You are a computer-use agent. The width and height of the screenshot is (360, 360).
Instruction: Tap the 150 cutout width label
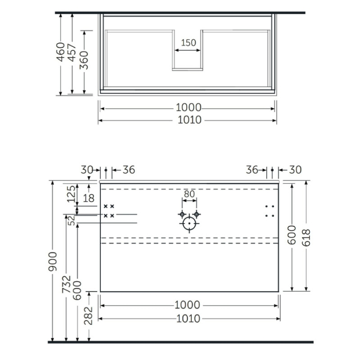tap(189, 43)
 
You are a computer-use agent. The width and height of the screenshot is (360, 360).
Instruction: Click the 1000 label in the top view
tap(188, 108)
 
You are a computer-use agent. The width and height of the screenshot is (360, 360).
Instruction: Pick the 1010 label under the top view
tap(188, 120)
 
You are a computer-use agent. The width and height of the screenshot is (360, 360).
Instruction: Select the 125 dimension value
tap(71, 194)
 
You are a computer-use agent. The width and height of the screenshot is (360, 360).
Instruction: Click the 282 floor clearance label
tap(88, 315)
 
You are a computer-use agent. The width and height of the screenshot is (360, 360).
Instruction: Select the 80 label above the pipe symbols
tap(189, 195)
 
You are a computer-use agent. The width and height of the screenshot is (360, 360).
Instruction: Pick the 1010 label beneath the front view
tap(188, 319)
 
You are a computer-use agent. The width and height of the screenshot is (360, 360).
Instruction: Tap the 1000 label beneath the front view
tap(188, 305)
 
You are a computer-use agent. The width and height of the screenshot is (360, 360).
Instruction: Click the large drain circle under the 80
tap(190, 224)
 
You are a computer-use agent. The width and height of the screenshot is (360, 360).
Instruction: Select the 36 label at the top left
tap(129, 170)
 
